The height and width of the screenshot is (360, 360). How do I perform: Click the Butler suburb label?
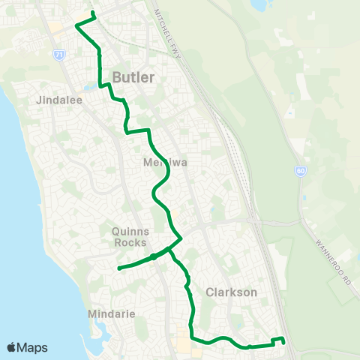point(134,77)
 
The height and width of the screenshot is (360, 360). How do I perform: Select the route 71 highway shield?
point(58,55)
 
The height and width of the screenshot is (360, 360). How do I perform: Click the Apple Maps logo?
point(27,347)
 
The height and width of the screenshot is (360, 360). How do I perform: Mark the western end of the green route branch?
point(119,268)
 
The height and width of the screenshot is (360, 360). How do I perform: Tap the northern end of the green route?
point(92,13)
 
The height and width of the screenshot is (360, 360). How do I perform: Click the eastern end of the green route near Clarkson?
point(284,342)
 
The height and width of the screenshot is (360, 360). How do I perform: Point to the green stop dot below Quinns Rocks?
point(153,256)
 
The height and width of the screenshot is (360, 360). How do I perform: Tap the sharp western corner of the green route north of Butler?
point(76,28)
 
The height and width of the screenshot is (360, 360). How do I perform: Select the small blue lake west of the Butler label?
point(91,87)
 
